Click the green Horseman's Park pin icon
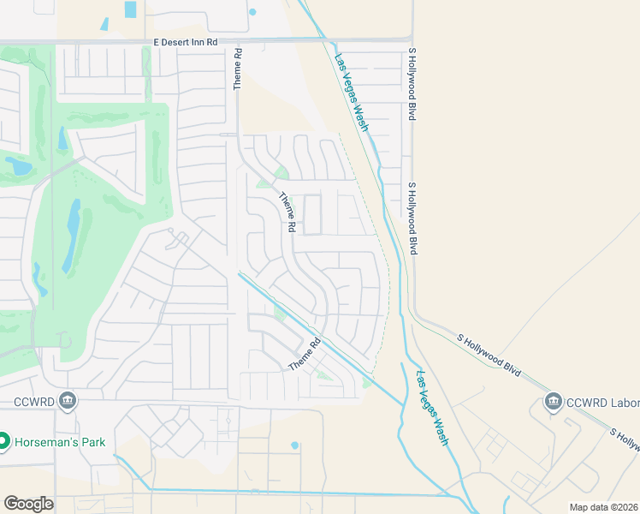[3, 442]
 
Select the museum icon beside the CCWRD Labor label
[553, 402]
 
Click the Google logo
[28, 504]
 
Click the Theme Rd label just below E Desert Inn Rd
[239, 69]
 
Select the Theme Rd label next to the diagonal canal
[304, 354]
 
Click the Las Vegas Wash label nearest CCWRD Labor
[431, 407]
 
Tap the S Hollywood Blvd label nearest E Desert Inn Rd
[412, 83]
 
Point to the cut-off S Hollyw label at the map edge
[625, 438]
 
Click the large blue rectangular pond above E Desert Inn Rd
[130, 9]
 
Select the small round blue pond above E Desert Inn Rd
[252, 12]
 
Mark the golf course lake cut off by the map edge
[15, 165]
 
